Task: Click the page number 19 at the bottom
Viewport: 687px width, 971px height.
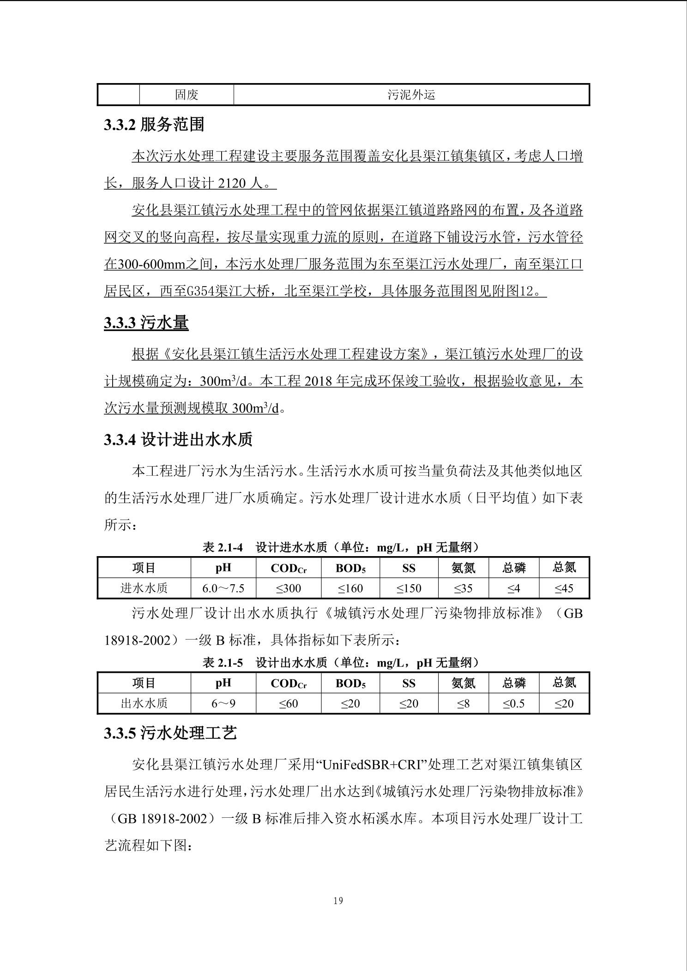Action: (x=338, y=900)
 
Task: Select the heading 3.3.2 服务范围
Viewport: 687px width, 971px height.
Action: (x=154, y=125)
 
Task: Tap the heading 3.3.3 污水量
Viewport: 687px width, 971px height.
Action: (x=146, y=323)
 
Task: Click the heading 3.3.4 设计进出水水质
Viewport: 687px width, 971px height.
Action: (x=178, y=440)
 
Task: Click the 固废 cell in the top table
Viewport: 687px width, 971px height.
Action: (x=187, y=95)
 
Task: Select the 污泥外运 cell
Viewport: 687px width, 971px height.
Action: (x=411, y=95)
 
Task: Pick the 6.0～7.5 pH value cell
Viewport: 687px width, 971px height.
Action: (x=223, y=588)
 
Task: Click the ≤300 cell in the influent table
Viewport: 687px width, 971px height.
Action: (x=288, y=588)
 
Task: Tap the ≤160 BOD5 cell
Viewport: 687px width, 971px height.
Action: (x=350, y=588)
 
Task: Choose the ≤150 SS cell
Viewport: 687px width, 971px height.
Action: (x=409, y=588)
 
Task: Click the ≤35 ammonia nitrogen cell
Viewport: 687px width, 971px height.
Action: (x=463, y=588)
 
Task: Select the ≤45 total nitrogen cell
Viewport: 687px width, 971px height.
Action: (x=564, y=588)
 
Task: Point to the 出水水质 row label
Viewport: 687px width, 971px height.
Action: (x=144, y=704)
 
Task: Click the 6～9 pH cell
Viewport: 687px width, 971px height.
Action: (x=223, y=704)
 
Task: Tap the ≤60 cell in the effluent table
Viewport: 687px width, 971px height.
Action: (x=288, y=704)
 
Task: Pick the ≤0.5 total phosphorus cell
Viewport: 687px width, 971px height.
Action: (x=513, y=704)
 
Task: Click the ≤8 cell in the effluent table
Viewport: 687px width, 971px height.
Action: (x=463, y=704)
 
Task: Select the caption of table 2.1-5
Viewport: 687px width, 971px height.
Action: (x=341, y=663)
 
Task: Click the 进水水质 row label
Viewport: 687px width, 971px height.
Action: (x=144, y=588)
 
